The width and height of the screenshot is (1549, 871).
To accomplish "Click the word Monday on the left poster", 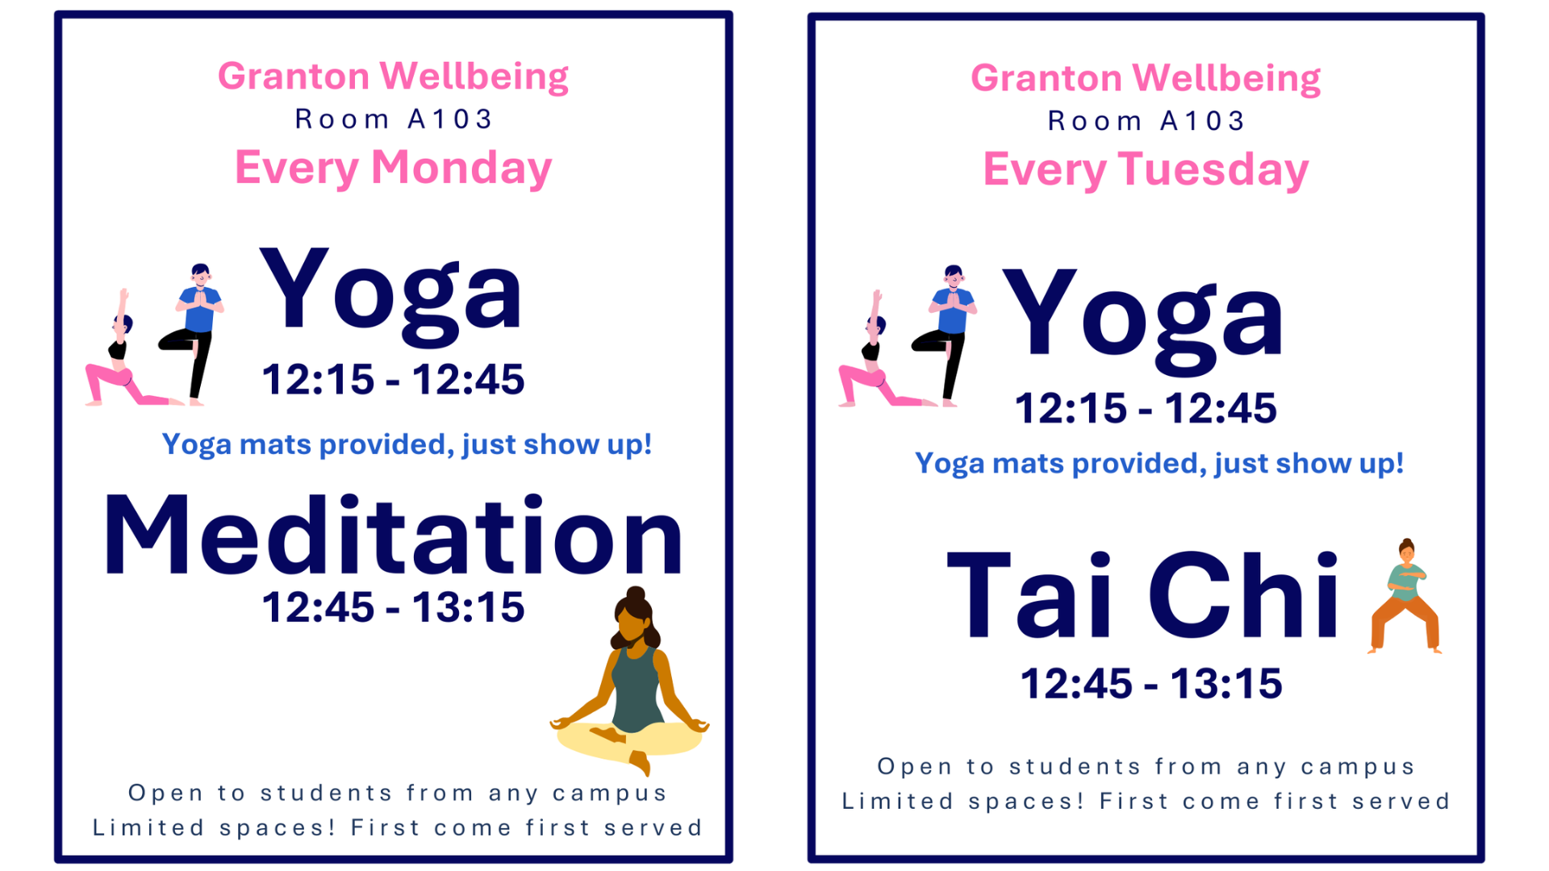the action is (x=461, y=168).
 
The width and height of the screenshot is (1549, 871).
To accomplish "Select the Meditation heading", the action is (x=394, y=536).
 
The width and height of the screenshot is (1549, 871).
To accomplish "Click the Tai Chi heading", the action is (x=1142, y=595).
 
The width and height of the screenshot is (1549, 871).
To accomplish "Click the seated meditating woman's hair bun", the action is (x=636, y=595).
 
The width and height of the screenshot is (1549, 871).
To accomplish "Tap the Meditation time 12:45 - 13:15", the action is (x=393, y=607).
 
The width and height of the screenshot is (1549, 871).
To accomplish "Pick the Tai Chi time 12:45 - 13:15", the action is (x=1151, y=684).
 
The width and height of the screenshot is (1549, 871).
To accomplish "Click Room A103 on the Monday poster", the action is (x=394, y=119).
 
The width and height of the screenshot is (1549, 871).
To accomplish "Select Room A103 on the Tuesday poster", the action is (x=1146, y=121).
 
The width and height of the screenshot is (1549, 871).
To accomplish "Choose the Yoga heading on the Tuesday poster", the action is (x=1142, y=322).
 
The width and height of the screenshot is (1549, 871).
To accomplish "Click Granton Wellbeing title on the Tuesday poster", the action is (x=1146, y=79).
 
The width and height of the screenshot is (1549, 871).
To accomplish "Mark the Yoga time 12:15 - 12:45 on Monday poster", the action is (x=393, y=380).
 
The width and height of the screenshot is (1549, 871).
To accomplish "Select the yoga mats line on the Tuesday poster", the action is (x=1159, y=464).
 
